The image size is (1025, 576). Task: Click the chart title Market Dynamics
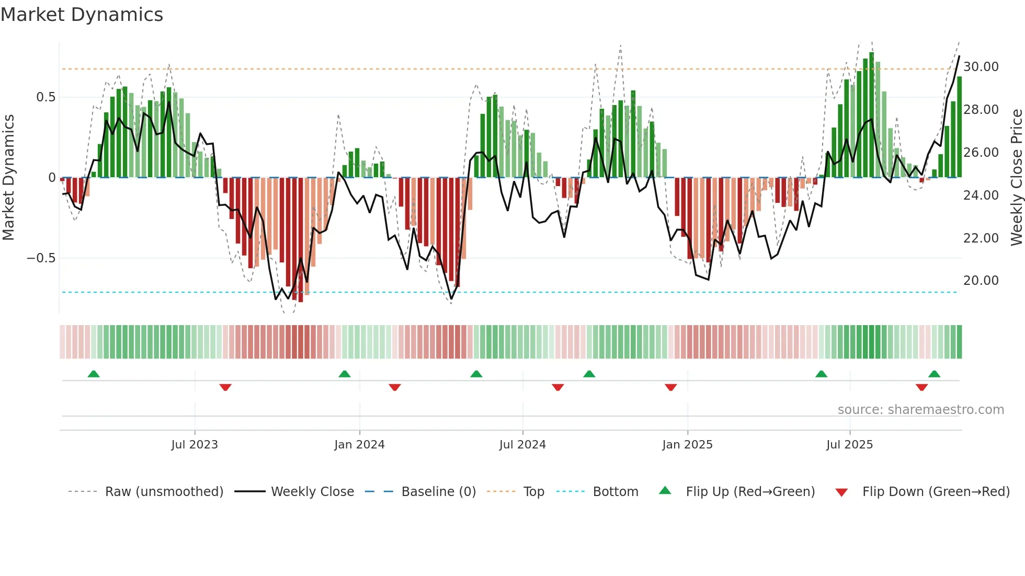pyautogui.click(x=82, y=15)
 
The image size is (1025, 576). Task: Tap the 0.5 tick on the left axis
pyautogui.click(x=45, y=97)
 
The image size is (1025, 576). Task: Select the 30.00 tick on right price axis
pyautogui.click(x=981, y=67)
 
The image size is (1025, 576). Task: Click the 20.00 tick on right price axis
pyautogui.click(x=981, y=281)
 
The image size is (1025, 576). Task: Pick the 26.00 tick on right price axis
pyautogui.click(x=981, y=153)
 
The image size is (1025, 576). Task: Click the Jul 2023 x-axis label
pyautogui.click(x=195, y=445)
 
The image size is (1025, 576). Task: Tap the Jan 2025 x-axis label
pyautogui.click(x=687, y=445)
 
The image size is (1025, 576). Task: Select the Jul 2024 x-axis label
pyautogui.click(x=522, y=445)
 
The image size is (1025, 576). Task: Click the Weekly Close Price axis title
pyautogui.click(x=1016, y=178)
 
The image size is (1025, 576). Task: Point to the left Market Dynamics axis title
pyautogui.click(x=8, y=178)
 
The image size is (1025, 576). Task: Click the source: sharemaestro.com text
pyautogui.click(x=920, y=410)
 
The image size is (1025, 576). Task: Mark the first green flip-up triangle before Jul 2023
pyautogui.click(x=94, y=374)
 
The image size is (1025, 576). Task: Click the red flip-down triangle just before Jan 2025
pyautogui.click(x=671, y=387)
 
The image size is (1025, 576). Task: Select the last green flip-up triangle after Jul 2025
pyautogui.click(x=935, y=374)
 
